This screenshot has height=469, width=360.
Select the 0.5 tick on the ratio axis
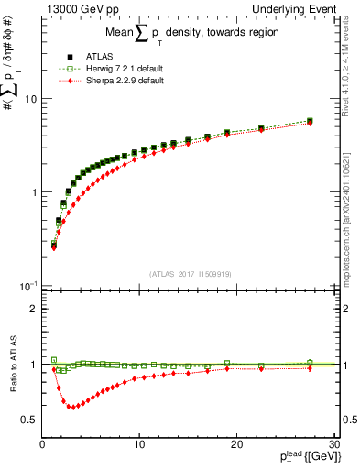click(x=29, y=420)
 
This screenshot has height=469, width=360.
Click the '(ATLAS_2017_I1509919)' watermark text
click(x=189, y=273)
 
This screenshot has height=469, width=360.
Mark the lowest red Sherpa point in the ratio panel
click(x=71, y=407)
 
